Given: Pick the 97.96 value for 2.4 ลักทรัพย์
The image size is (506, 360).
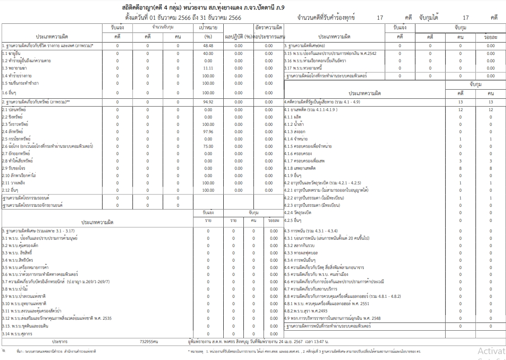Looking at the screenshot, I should tap(208, 132).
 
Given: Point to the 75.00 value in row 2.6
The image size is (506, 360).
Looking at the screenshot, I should tap(208, 146).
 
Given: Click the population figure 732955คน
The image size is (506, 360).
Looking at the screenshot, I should tap(149, 341).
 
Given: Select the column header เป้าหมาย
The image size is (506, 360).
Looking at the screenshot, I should tap(208, 28).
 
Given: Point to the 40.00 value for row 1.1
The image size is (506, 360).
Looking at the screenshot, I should tap(208, 54).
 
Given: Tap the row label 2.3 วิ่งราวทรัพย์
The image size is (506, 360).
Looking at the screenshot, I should tap(16, 124).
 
